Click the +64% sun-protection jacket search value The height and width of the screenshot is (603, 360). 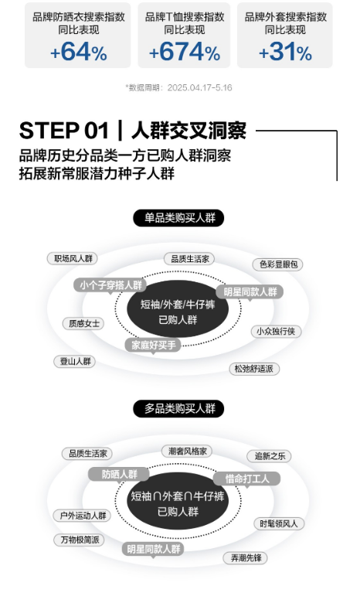tap(78, 52)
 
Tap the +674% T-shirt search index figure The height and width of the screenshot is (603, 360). tap(185, 52)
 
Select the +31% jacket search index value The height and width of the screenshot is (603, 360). tap(285, 52)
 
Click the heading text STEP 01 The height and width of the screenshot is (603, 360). tap(64, 131)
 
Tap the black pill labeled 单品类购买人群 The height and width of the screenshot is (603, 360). tap(178, 218)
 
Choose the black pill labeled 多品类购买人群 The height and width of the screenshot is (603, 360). tap(178, 408)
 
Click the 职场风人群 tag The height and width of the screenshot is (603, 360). tap(73, 258)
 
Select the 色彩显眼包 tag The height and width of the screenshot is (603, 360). tap(278, 264)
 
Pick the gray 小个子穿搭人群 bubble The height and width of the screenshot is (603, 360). tap(110, 285)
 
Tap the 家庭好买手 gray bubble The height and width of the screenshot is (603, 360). tap(153, 345)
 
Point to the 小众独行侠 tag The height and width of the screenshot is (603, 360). tap(276, 331)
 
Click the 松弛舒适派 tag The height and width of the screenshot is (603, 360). tap(254, 369)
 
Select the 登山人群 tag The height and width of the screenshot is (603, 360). tap(74, 361)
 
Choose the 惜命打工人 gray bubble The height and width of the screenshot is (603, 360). tap(247, 479)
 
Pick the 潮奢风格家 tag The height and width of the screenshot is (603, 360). tap(188, 451)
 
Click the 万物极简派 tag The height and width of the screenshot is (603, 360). tap(79, 540)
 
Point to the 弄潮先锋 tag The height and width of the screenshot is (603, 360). tap(246, 558)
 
